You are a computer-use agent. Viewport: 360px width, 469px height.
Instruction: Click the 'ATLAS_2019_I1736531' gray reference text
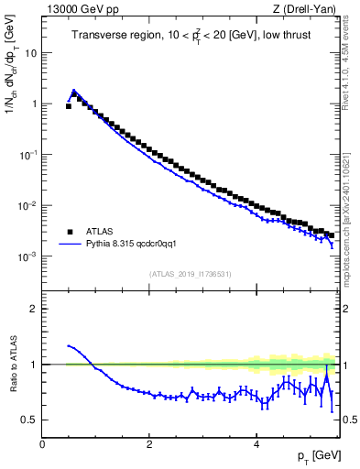pyautogui.click(x=190, y=274)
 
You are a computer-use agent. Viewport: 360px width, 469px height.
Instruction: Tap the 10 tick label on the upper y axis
pyautogui.click(x=31, y=52)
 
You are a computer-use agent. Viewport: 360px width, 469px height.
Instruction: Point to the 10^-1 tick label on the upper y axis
pyautogui.click(x=27, y=154)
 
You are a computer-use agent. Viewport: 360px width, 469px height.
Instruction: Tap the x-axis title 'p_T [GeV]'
pyautogui.click(x=313, y=455)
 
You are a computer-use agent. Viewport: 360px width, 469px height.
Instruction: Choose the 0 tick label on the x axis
pyautogui.click(x=42, y=443)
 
